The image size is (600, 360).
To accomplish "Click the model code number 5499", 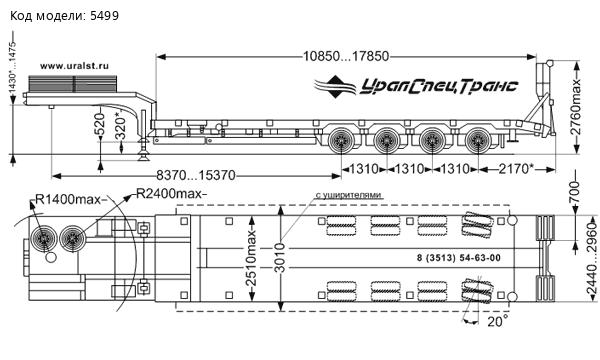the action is coord(104,16).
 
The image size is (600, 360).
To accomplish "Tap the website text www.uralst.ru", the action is coord(74,66).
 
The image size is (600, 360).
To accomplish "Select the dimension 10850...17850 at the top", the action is coord(346,57).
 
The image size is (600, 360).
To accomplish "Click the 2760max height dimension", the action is coord(575,107).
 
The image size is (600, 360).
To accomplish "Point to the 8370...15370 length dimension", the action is coord(196,175).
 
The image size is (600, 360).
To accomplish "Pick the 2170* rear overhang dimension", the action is coord(516,168).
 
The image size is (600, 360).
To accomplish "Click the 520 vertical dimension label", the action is coord(99,124).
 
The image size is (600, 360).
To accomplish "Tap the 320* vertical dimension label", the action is coord(121,125).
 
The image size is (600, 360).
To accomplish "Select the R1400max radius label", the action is coord(68,199).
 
